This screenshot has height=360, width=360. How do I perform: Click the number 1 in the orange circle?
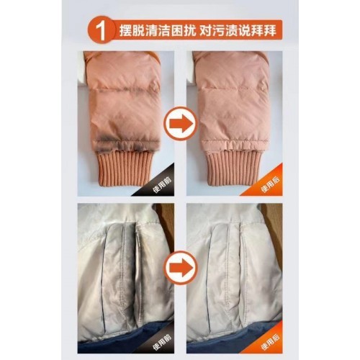tap(102, 31)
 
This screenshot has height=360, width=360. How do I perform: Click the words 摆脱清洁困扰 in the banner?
tap(158, 31)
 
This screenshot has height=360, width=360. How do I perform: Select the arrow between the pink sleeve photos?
tap(181, 123)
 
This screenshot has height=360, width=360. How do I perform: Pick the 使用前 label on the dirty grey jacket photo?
tap(163, 342)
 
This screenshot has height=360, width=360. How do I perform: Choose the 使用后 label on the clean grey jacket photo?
tap(271, 342)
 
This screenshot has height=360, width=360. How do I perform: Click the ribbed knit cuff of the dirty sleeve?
tap(124, 167)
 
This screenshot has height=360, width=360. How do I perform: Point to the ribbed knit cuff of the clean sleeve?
tap(233, 168)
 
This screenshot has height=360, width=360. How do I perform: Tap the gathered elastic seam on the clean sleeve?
tap(234, 146)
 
